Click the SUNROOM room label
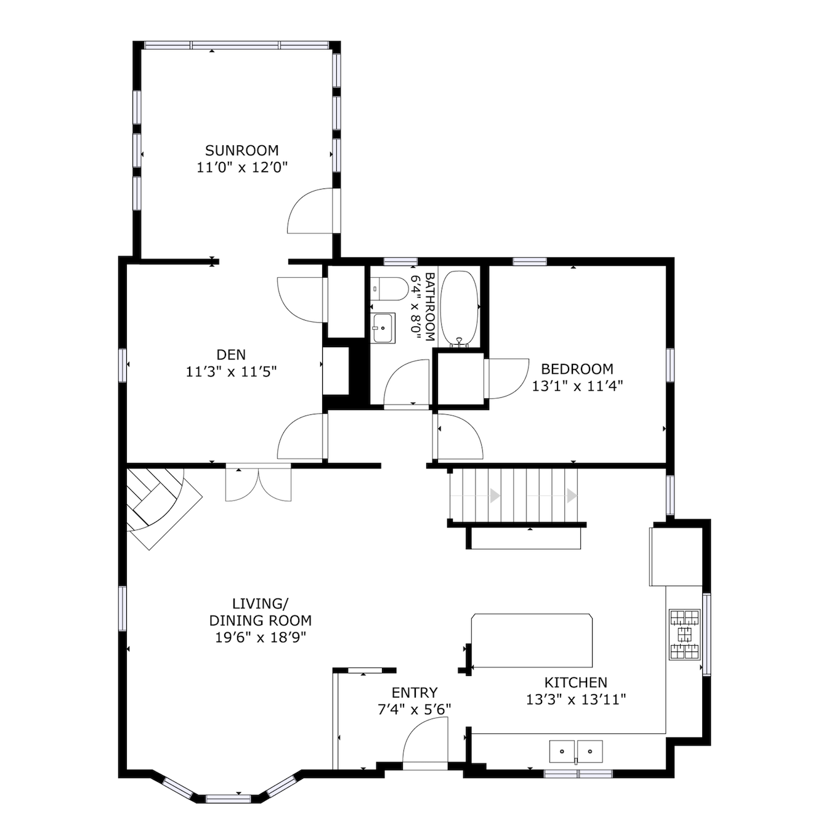coord(241,150)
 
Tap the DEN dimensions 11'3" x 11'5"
coord(231,372)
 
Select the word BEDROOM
coord(577,369)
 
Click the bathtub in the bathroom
coord(460,308)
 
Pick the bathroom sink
coord(383,328)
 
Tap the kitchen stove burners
coord(685,634)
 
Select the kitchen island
coord(532,640)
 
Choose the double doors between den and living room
coord(258,484)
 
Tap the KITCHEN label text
coord(575,682)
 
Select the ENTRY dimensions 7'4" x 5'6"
coord(414,709)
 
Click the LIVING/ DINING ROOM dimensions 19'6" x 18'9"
coord(261,637)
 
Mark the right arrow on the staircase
coord(572,496)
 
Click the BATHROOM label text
coord(430,307)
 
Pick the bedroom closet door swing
coord(507,378)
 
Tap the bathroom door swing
coord(406,383)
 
